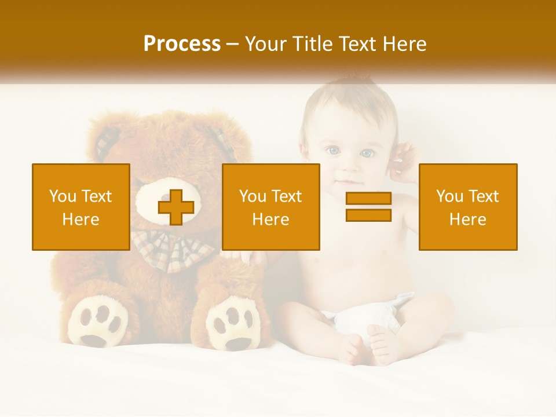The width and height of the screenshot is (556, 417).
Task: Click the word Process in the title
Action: click(182, 44)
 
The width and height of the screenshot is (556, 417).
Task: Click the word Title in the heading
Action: click(314, 44)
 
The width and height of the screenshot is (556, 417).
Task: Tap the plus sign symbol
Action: click(175, 207)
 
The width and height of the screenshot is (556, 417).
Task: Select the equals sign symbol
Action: click(368, 207)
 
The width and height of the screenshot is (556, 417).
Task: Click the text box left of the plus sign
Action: click(81, 207)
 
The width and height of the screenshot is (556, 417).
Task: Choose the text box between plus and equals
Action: click(270, 207)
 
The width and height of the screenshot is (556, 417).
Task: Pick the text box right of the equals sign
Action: click(467, 207)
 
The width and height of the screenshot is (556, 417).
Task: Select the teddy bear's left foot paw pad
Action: click(97, 322)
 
